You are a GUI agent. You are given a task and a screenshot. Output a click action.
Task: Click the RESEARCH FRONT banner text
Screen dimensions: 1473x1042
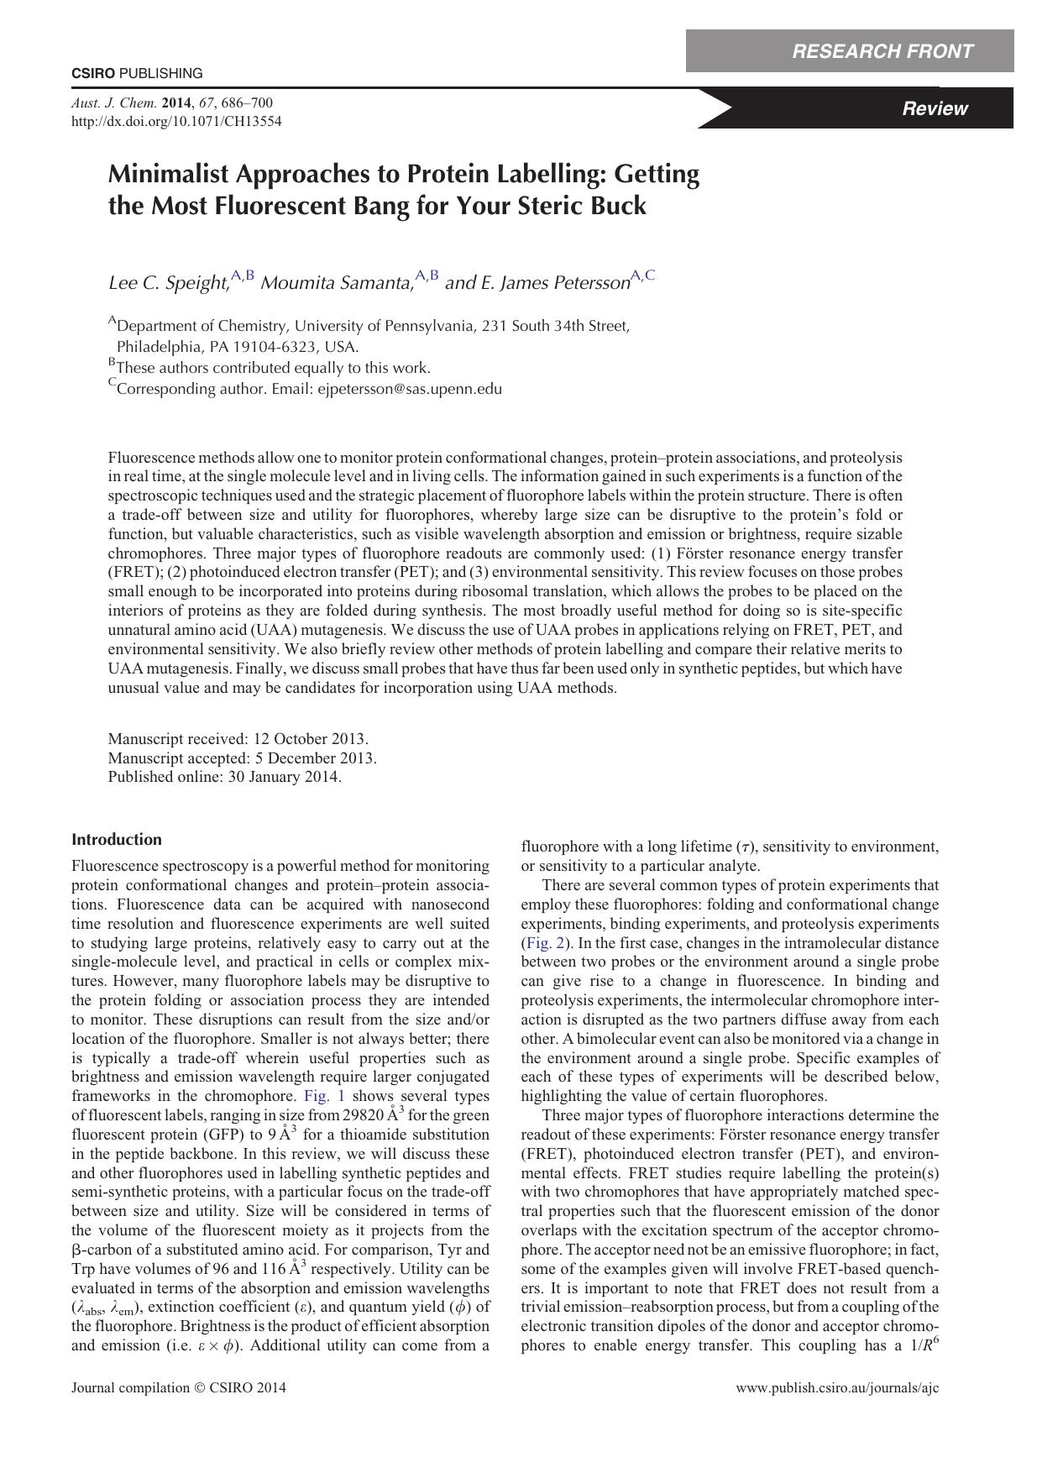click(x=882, y=51)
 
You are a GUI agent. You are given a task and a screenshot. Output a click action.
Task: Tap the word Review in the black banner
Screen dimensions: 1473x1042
click(x=934, y=108)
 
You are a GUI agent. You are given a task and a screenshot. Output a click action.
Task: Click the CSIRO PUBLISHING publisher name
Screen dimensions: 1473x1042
click(x=137, y=73)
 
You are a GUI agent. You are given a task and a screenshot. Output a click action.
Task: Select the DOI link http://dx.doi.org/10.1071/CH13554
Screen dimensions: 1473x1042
click(x=176, y=121)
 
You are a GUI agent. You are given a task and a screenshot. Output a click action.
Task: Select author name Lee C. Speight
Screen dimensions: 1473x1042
click(x=168, y=283)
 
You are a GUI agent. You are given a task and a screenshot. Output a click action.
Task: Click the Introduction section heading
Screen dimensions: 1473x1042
click(x=117, y=840)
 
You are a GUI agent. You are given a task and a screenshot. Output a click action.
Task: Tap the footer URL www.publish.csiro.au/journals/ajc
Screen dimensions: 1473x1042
click(x=837, y=1387)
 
